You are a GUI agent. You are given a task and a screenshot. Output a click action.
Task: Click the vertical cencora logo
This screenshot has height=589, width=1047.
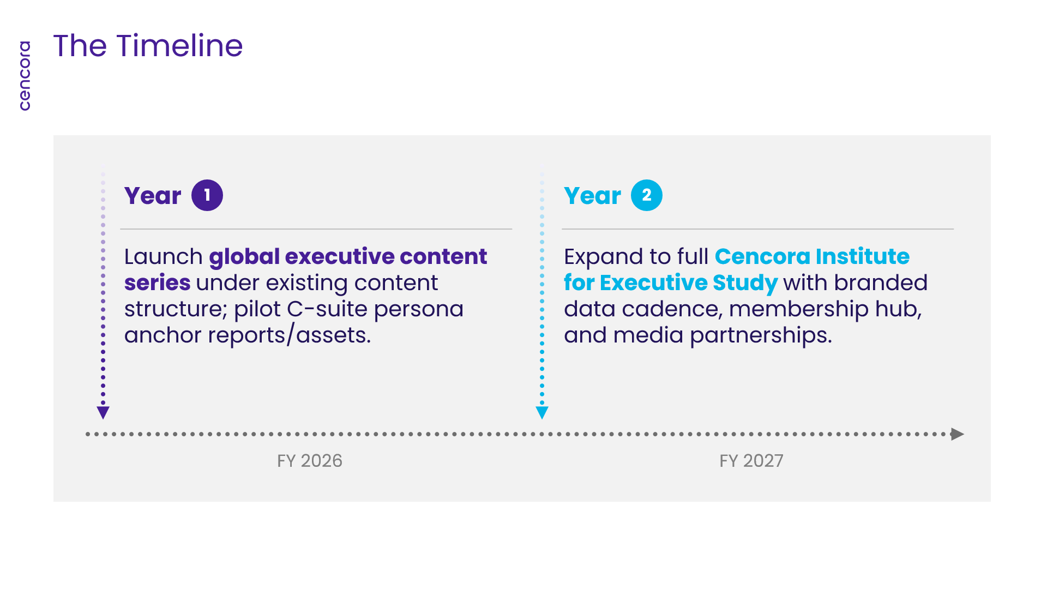point(25,76)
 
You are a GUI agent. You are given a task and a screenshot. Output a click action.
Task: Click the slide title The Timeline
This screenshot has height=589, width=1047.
point(148,46)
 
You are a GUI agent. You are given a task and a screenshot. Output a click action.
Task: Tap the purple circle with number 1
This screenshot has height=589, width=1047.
point(207,195)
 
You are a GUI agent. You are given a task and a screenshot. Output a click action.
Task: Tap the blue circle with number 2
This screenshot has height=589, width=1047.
point(647,195)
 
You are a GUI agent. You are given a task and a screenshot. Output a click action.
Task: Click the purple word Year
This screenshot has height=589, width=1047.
point(153,196)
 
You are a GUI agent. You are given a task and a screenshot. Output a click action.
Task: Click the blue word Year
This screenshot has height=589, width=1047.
point(592,196)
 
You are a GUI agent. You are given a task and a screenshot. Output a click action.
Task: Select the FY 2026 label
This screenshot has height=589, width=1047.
point(310,461)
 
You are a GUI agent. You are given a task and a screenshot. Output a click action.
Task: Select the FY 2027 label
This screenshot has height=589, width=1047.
point(751,461)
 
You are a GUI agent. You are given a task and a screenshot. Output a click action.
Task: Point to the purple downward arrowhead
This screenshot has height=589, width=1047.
point(103,413)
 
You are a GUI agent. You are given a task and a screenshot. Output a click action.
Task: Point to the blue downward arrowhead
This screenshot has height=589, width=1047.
point(542,413)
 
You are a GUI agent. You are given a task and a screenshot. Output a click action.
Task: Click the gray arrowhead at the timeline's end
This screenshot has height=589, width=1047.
point(958,434)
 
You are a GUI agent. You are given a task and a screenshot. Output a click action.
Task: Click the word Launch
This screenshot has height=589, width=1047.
point(164,256)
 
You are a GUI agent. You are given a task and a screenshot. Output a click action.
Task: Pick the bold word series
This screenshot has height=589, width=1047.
point(158,283)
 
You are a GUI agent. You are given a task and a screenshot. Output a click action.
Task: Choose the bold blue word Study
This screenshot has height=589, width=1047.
point(745,283)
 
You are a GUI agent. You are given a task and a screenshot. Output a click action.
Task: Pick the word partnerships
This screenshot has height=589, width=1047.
point(761,335)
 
